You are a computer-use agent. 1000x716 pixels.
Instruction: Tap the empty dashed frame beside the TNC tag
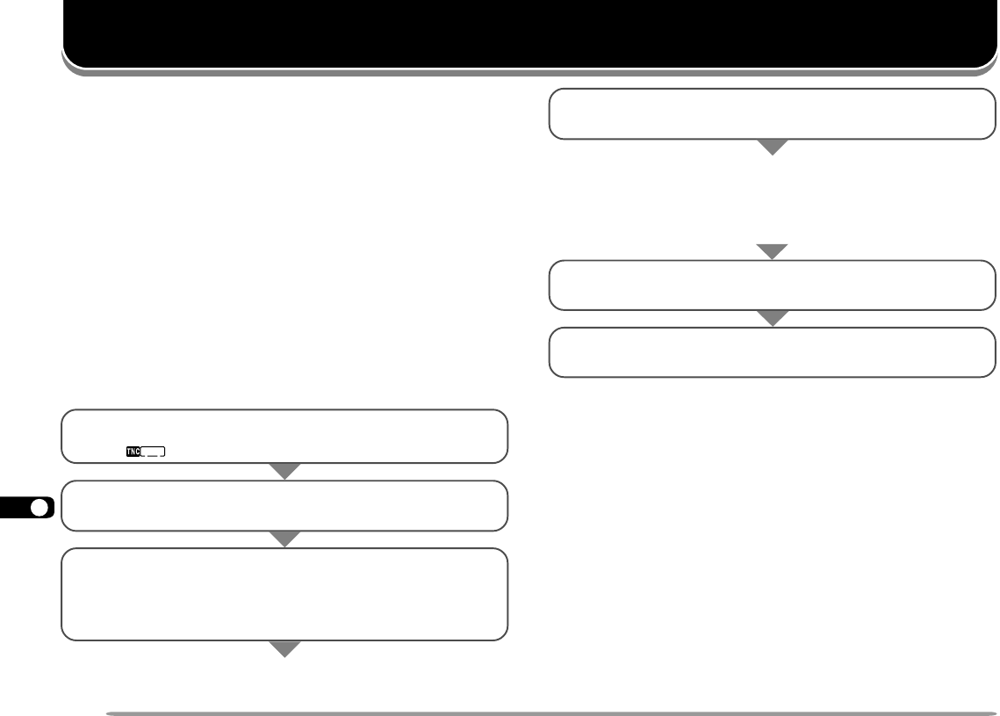tap(155, 452)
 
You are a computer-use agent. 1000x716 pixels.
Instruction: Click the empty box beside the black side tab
tap(284, 505)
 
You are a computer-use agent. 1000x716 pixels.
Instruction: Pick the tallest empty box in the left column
tap(284, 594)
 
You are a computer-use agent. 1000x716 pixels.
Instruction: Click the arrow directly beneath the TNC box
tap(284, 472)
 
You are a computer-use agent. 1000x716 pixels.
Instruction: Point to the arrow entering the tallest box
tap(284, 539)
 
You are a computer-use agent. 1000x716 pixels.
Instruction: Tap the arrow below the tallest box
tap(284, 649)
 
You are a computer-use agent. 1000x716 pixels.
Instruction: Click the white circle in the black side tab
tap(39, 509)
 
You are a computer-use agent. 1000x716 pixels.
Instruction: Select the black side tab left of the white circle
tap(15, 509)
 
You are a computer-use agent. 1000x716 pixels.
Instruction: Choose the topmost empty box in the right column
tap(773, 113)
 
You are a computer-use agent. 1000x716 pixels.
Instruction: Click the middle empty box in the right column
tap(773, 285)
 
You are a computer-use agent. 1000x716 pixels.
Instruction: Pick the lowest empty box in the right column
tap(773, 352)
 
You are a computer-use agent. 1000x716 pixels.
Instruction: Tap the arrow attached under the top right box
tap(773, 148)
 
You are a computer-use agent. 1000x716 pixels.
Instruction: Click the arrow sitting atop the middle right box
tap(773, 252)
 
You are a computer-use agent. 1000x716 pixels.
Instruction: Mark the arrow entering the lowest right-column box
tap(773, 319)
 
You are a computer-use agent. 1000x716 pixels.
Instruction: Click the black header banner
tap(527, 33)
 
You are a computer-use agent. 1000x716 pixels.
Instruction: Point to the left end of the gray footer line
tap(107, 712)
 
